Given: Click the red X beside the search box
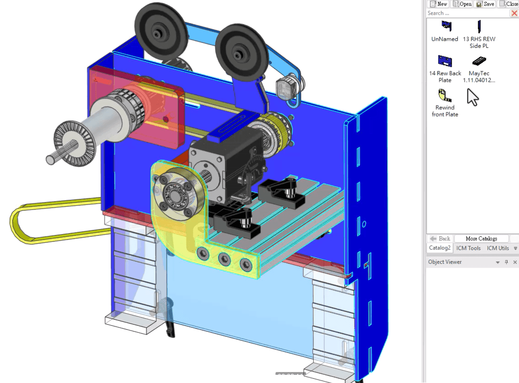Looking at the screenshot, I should (514, 13).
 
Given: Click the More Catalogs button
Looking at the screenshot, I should (481, 239).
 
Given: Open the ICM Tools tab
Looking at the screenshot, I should (468, 248).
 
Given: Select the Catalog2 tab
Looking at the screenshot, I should (440, 248).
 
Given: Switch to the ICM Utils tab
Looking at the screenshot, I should (498, 248).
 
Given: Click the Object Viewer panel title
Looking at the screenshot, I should (445, 262).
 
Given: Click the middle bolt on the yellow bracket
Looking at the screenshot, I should (223, 259).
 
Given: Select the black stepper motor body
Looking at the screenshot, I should (224, 165).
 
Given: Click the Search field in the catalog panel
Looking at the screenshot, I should (467, 13).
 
